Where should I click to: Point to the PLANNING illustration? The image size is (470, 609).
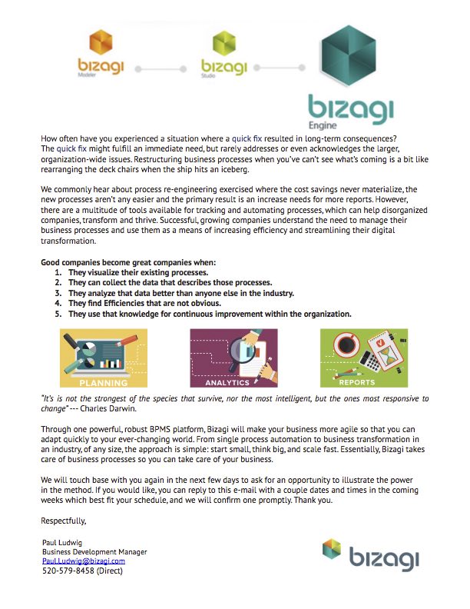(x=104, y=358)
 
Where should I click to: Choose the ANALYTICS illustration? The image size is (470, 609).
(x=233, y=358)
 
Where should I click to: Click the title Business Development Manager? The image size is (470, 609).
(x=94, y=552)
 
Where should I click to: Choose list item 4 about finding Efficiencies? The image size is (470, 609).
(x=145, y=303)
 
